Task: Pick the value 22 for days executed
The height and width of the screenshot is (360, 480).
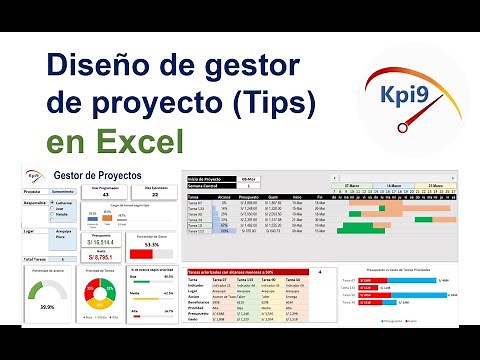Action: (x=155, y=194)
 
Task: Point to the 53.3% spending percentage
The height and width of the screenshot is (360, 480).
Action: (x=152, y=243)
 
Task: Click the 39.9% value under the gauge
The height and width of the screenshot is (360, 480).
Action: (x=46, y=308)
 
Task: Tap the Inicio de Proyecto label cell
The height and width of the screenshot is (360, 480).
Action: (x=210, y=178)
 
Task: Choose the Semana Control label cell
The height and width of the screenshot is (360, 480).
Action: (x=208, y=186)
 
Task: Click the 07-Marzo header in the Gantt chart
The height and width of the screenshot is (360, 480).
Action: (x=352, y=186)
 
